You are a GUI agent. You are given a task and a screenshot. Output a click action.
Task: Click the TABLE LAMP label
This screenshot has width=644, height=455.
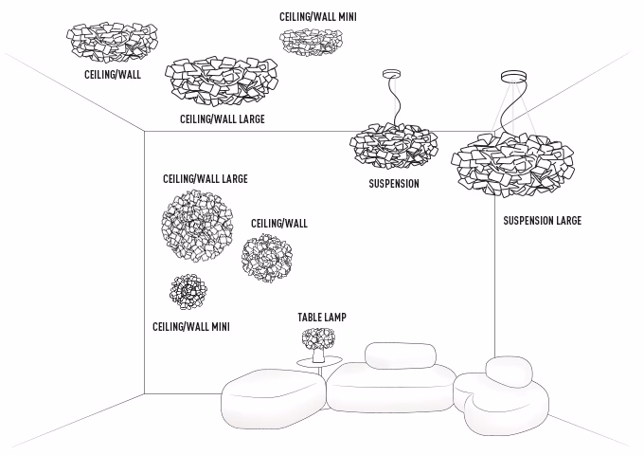[x=322, y=318]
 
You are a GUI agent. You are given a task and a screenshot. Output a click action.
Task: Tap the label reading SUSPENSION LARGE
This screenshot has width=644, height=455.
[x=542, y=221]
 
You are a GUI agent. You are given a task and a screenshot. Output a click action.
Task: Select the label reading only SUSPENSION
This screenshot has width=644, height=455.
[x=393, y=184]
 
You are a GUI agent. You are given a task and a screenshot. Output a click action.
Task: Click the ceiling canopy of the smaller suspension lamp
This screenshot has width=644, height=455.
[x=391, y=75]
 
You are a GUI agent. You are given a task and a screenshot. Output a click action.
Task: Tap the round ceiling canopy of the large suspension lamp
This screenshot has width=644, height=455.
[x=515, y=78]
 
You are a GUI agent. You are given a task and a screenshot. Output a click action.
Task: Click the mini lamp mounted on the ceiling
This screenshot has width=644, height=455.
[x=312, y=40]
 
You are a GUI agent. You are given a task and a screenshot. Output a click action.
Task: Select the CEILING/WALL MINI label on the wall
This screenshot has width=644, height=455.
[x=191, y=327]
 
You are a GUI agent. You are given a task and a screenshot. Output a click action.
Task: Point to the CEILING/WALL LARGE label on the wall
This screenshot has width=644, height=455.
[x=206, y=178]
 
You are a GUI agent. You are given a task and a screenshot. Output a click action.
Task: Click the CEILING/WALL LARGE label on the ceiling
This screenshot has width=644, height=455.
[x=222, y=119]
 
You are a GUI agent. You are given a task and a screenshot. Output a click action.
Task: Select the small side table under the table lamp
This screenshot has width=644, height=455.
[x=316, y=364]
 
